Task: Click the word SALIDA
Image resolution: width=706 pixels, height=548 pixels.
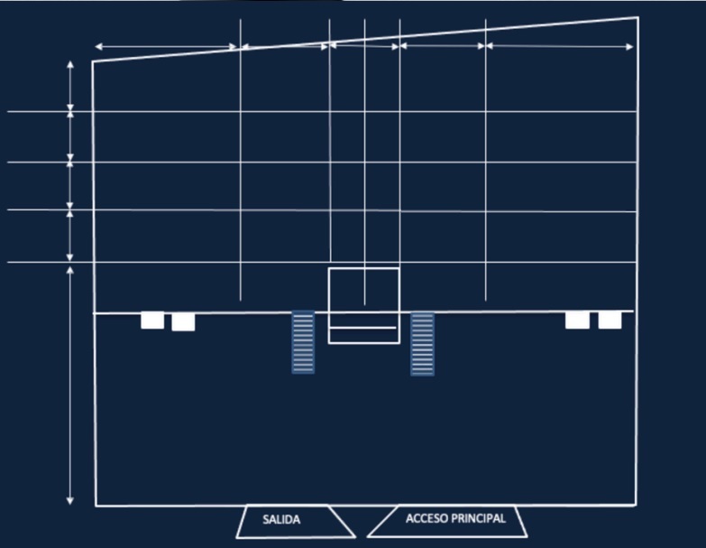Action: pos(281,520)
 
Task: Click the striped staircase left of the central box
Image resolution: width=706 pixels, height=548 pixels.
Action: pos(303,342)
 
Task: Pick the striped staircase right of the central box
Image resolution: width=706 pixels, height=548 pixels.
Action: pos(422,344)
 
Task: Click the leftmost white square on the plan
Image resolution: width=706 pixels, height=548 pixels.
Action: pos(152,320)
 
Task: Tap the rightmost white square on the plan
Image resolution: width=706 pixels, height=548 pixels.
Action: pos(610,320)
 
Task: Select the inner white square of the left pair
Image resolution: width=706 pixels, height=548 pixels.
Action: pos(183,322)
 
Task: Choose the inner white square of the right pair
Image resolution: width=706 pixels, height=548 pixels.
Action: pos(577,320)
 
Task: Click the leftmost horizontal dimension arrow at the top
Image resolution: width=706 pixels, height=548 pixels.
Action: pos(166,46)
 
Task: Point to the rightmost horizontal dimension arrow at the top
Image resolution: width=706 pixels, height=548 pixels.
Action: pos(560,46)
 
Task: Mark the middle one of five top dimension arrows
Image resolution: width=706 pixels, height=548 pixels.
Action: pos(364,45)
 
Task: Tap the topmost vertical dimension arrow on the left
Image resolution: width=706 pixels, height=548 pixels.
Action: pos(69,86)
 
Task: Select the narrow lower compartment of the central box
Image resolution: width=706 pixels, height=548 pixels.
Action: pos(363,335)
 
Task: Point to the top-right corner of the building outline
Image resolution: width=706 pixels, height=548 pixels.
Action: pos(638,17)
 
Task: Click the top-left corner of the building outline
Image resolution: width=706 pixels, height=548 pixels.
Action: pos(93,61)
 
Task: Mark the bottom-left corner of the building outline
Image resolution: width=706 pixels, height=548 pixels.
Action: pos(96,506)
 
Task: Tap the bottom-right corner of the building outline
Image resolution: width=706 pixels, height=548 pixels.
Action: pos(636,506)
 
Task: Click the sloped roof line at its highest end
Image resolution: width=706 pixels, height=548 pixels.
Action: pos(638,17)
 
